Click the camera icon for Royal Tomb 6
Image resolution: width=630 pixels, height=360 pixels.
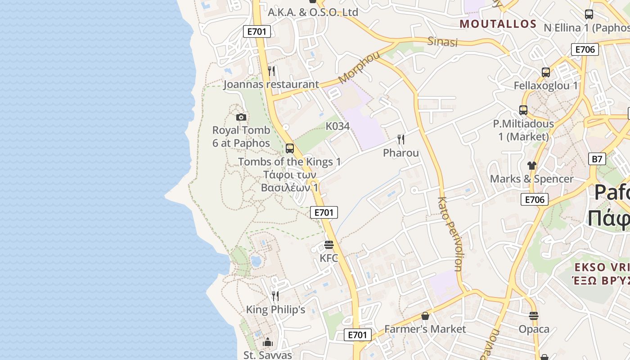[x=241, y=117]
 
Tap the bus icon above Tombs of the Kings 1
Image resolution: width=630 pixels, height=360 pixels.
[x=290, y=148]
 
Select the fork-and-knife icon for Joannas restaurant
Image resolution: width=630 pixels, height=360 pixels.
[x=271, y=71]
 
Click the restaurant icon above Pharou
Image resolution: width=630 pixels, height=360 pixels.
[x=401, y=139]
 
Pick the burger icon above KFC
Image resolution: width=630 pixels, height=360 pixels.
[x=329, y=245]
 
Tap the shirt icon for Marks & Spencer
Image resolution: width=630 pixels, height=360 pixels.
[x=532, y=165]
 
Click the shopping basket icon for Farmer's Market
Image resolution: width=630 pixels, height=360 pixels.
[x=425, y=316]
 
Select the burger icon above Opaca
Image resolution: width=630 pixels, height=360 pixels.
[x=534, y=316]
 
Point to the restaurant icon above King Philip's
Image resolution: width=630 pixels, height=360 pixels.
[x=275, y=296]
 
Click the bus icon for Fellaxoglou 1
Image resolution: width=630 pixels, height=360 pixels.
[x=546, y=72]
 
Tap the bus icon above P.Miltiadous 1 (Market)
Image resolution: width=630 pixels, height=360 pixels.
[x=523, y=110]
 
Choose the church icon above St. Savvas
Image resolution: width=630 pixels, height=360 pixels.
[x=268, y=342]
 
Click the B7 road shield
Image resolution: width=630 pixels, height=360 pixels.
[x=597, y=159]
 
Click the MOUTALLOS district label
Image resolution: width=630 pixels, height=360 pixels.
[x=498, y=24]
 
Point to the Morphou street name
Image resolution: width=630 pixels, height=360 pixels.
[x=359, y=67]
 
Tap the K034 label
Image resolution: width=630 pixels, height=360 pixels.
[x=337, y=126]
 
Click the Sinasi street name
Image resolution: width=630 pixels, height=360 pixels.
[x=442, y=42]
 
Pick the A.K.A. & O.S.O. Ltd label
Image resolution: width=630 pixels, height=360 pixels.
[x=313, y=13]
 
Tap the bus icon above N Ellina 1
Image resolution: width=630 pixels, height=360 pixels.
[x=589, y=14]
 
